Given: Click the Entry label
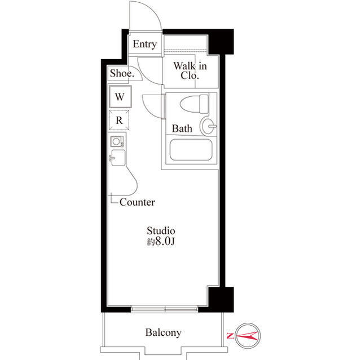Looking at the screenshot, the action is (144, 44).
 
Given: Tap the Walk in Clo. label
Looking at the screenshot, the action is (190, 70).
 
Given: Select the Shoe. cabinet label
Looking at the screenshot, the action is (122, 73).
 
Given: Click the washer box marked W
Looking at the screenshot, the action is (120, 96).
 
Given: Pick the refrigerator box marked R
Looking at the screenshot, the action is (119, 120).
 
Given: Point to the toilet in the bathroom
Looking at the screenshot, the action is (194, 104).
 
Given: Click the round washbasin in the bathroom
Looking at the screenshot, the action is (208, 126).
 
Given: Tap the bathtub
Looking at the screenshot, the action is (191, 150).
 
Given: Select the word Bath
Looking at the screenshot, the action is (182, 128).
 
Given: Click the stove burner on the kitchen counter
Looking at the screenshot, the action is (117, 141).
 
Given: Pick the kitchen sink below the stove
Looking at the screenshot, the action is (118, 158).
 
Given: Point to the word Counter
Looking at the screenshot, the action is (137, 202).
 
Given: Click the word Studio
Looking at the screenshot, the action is (161, 230).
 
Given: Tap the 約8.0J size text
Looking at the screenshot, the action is (161, 241).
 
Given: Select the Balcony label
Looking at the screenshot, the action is (163, 332).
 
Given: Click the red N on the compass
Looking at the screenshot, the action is (230, 336).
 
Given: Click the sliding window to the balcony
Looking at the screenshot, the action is (164, 309).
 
